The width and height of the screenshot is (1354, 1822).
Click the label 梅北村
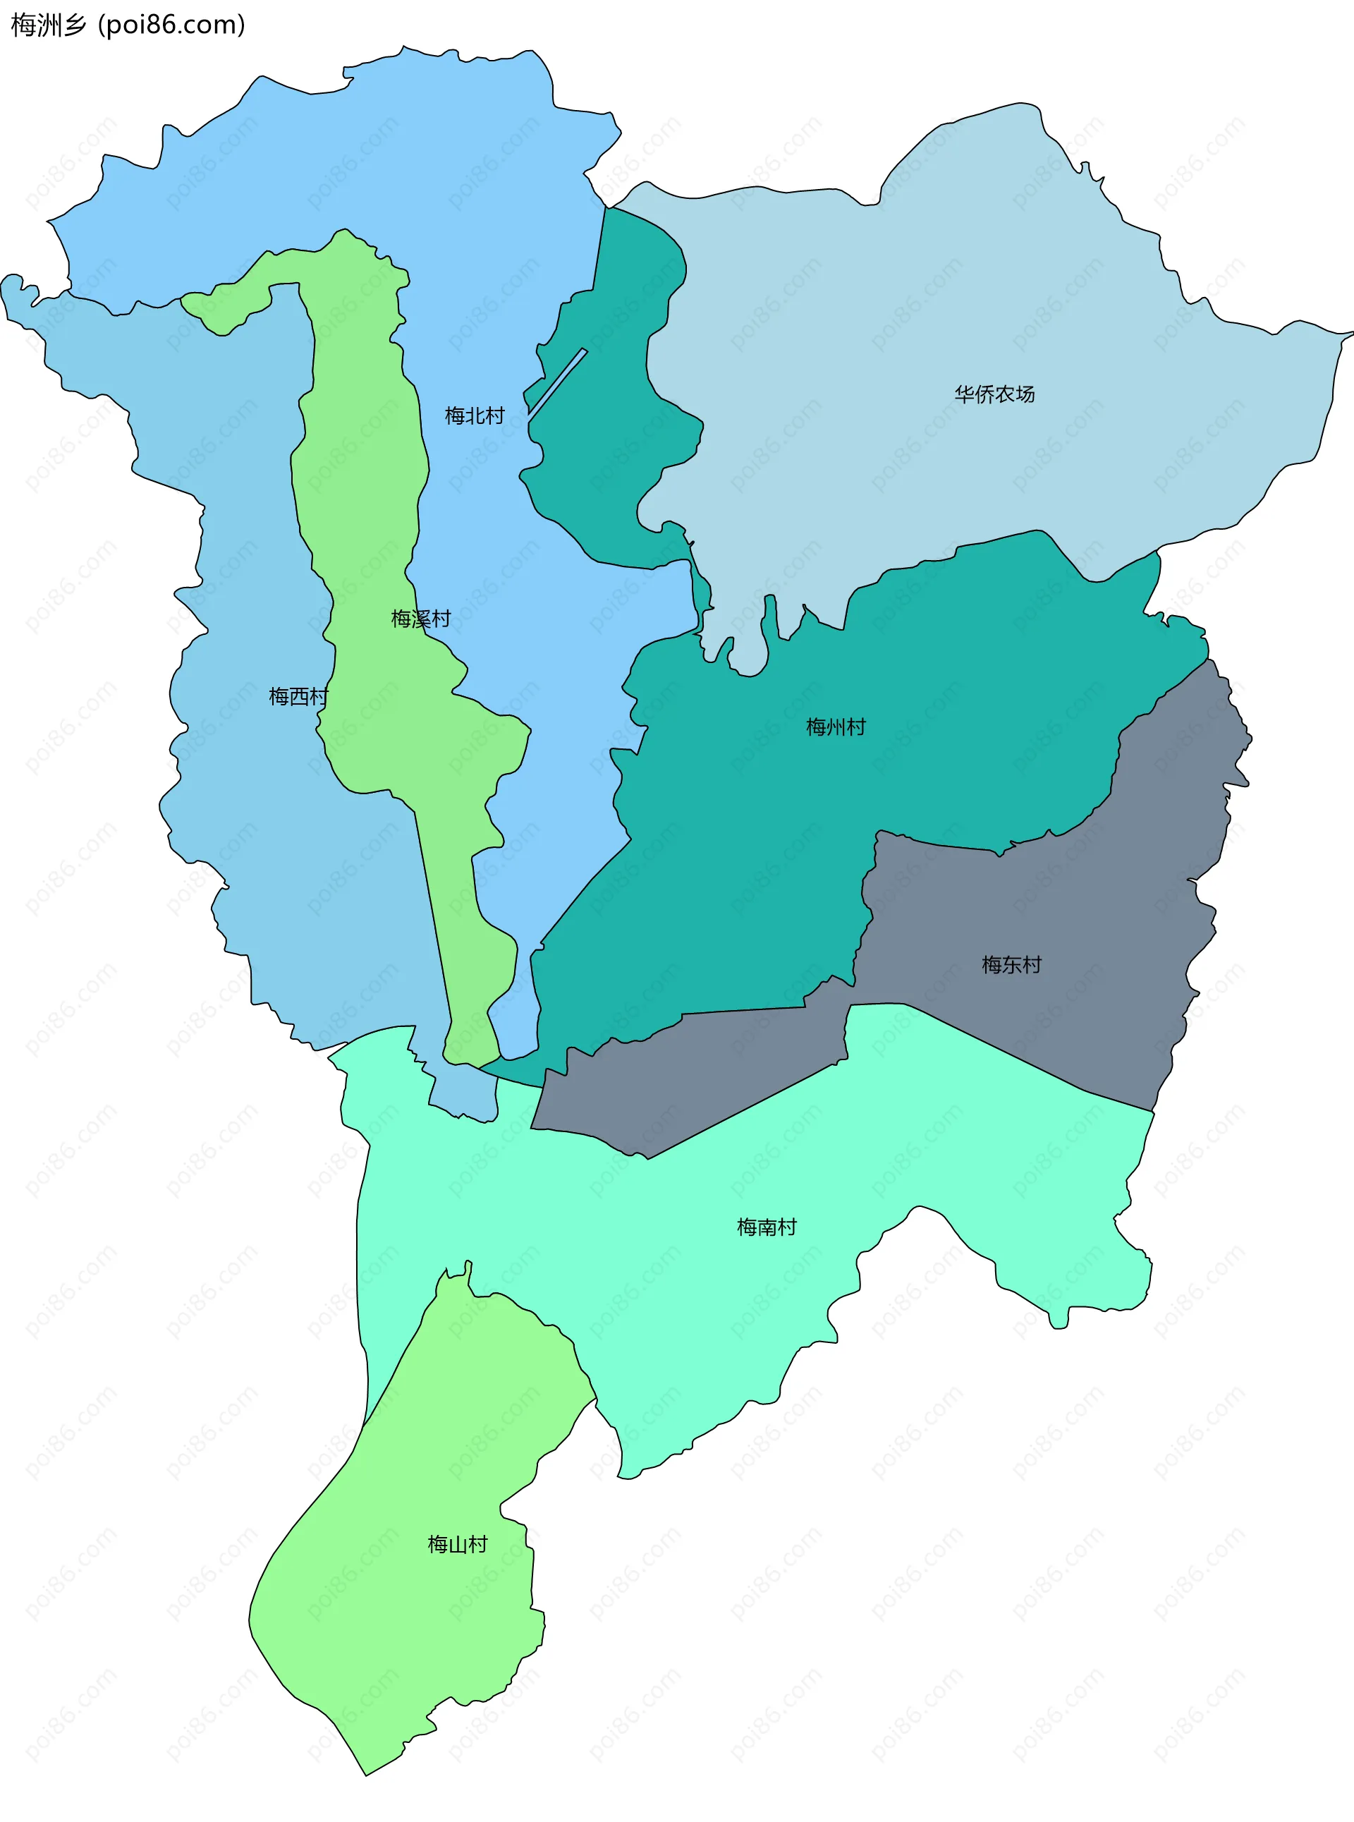[474, 415]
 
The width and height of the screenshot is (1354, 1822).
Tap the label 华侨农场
[994, 394]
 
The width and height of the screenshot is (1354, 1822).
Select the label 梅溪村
[420, 618]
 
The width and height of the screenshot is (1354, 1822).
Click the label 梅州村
[835, 726]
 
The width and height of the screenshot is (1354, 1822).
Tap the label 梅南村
[767, 1226]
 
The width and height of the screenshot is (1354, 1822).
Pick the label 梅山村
[458, 1544]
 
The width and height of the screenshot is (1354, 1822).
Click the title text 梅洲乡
[47, 25]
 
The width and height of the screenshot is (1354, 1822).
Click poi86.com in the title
[171, 25]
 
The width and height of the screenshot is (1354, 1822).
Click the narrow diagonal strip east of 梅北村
[558, 382]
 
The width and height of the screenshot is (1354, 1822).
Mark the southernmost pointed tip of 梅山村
[367, 1773]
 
